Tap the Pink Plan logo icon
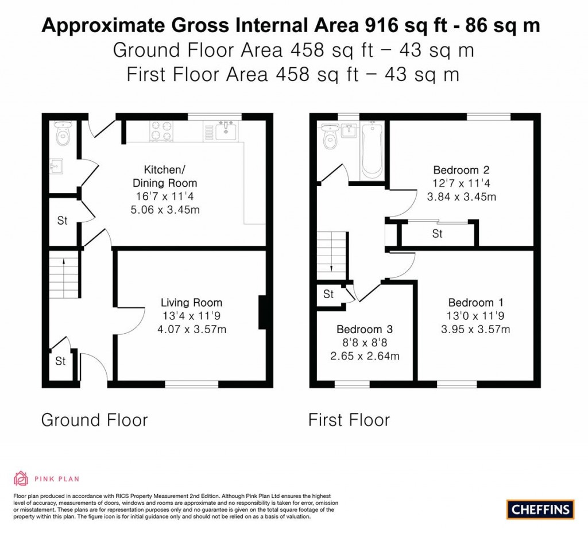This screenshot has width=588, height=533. point(21,478)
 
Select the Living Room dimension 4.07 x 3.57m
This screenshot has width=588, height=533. point(191,329)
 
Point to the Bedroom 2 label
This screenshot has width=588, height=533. point(461,170)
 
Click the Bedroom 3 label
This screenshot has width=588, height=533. point(365,329)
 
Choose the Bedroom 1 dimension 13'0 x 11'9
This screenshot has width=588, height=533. point(479,316)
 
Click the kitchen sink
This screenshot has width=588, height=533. point(227,130)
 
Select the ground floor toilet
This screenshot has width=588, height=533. point(61,134)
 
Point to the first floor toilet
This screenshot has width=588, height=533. point(330,137)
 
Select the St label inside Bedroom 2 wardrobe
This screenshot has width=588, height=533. point(438,234)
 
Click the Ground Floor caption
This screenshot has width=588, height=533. point(94,420)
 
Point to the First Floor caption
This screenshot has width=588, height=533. point(349,420)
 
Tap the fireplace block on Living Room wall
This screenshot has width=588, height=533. point(262,312)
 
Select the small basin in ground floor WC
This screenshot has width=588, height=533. point(56,167)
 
